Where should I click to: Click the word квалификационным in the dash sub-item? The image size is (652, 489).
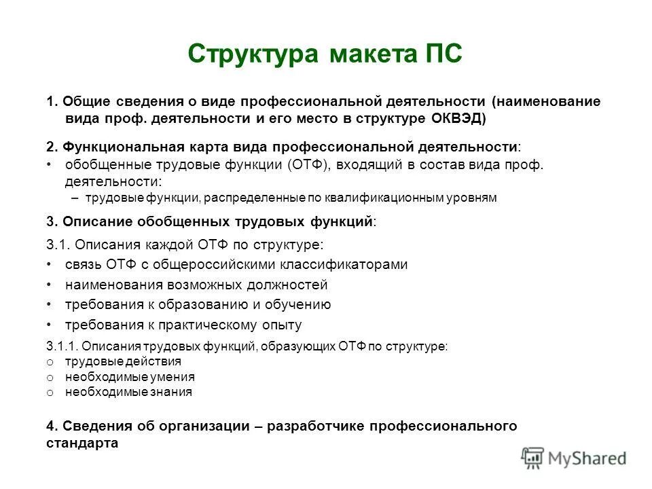pyautogui.click(x=380, y=198)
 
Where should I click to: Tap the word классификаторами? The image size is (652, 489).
pyautogui.click(x=350, y=264)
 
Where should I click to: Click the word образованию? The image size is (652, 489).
pyautogui.click(x=198, y=304)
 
